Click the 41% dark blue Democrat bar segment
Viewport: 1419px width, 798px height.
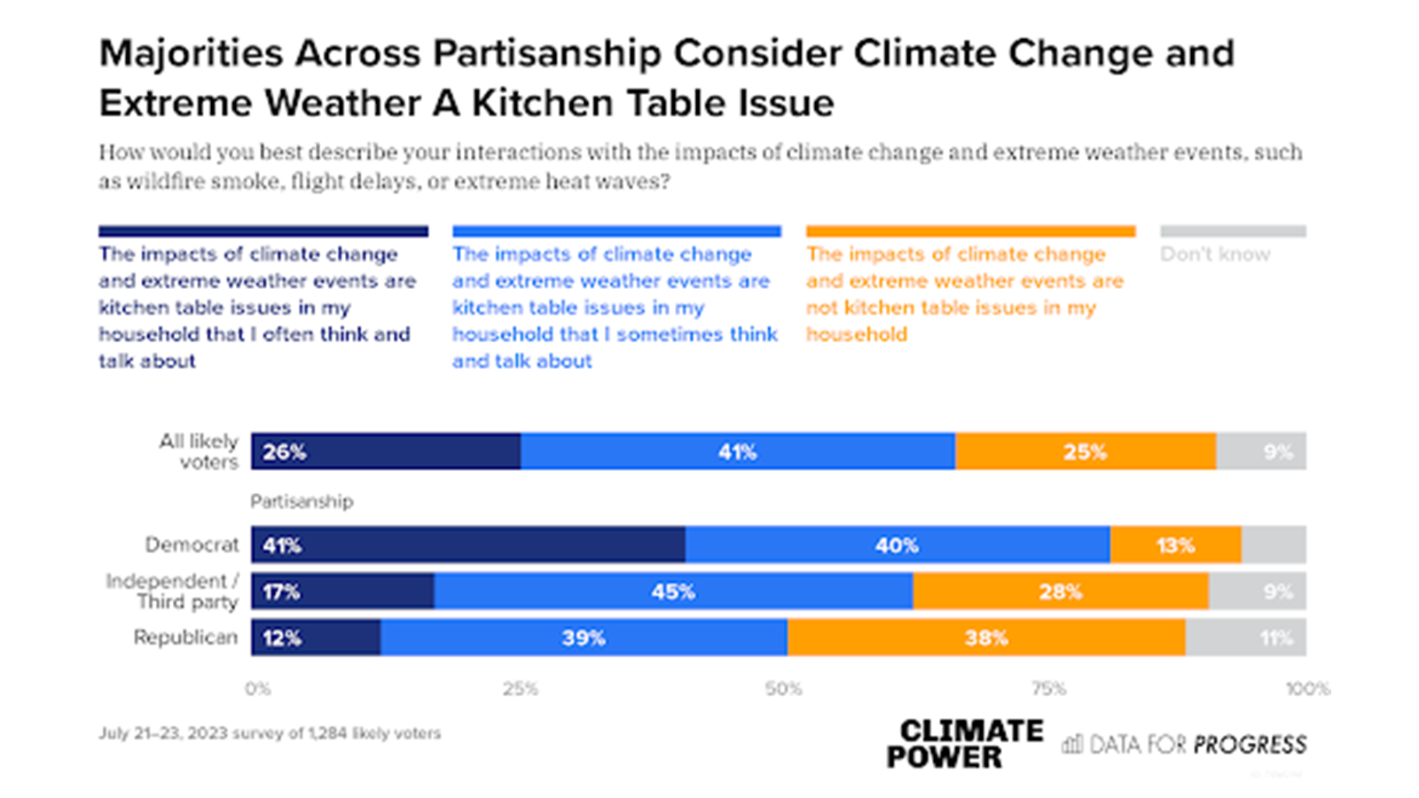click(467, 544)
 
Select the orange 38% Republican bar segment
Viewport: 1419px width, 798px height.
click(986, 638)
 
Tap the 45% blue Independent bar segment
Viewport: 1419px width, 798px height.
click(673, 591)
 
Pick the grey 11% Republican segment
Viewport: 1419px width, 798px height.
click(1246, 638)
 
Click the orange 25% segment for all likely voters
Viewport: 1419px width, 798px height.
click(1086, 451)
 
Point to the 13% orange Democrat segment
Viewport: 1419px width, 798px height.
click(1175, 544)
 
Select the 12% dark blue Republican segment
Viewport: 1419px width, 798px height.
click(316, 638)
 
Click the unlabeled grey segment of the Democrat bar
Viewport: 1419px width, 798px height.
click(1274, 544)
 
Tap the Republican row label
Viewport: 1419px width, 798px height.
click(185, 638)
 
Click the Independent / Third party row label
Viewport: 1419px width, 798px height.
click(173, 591)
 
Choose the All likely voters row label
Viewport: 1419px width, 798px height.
click(199, 451)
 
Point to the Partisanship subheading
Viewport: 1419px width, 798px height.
click(302, 502)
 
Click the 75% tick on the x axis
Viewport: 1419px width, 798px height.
click(1048, 689)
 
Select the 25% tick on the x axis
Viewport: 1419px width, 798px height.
click(521, 689)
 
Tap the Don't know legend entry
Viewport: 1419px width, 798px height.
click(1215, 254)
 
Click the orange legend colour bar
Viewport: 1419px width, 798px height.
click(970, 231)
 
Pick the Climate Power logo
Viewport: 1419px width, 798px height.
click(965, 744)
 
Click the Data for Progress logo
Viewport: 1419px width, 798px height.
click(1185, 744)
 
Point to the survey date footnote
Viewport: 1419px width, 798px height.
click(270, 733)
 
